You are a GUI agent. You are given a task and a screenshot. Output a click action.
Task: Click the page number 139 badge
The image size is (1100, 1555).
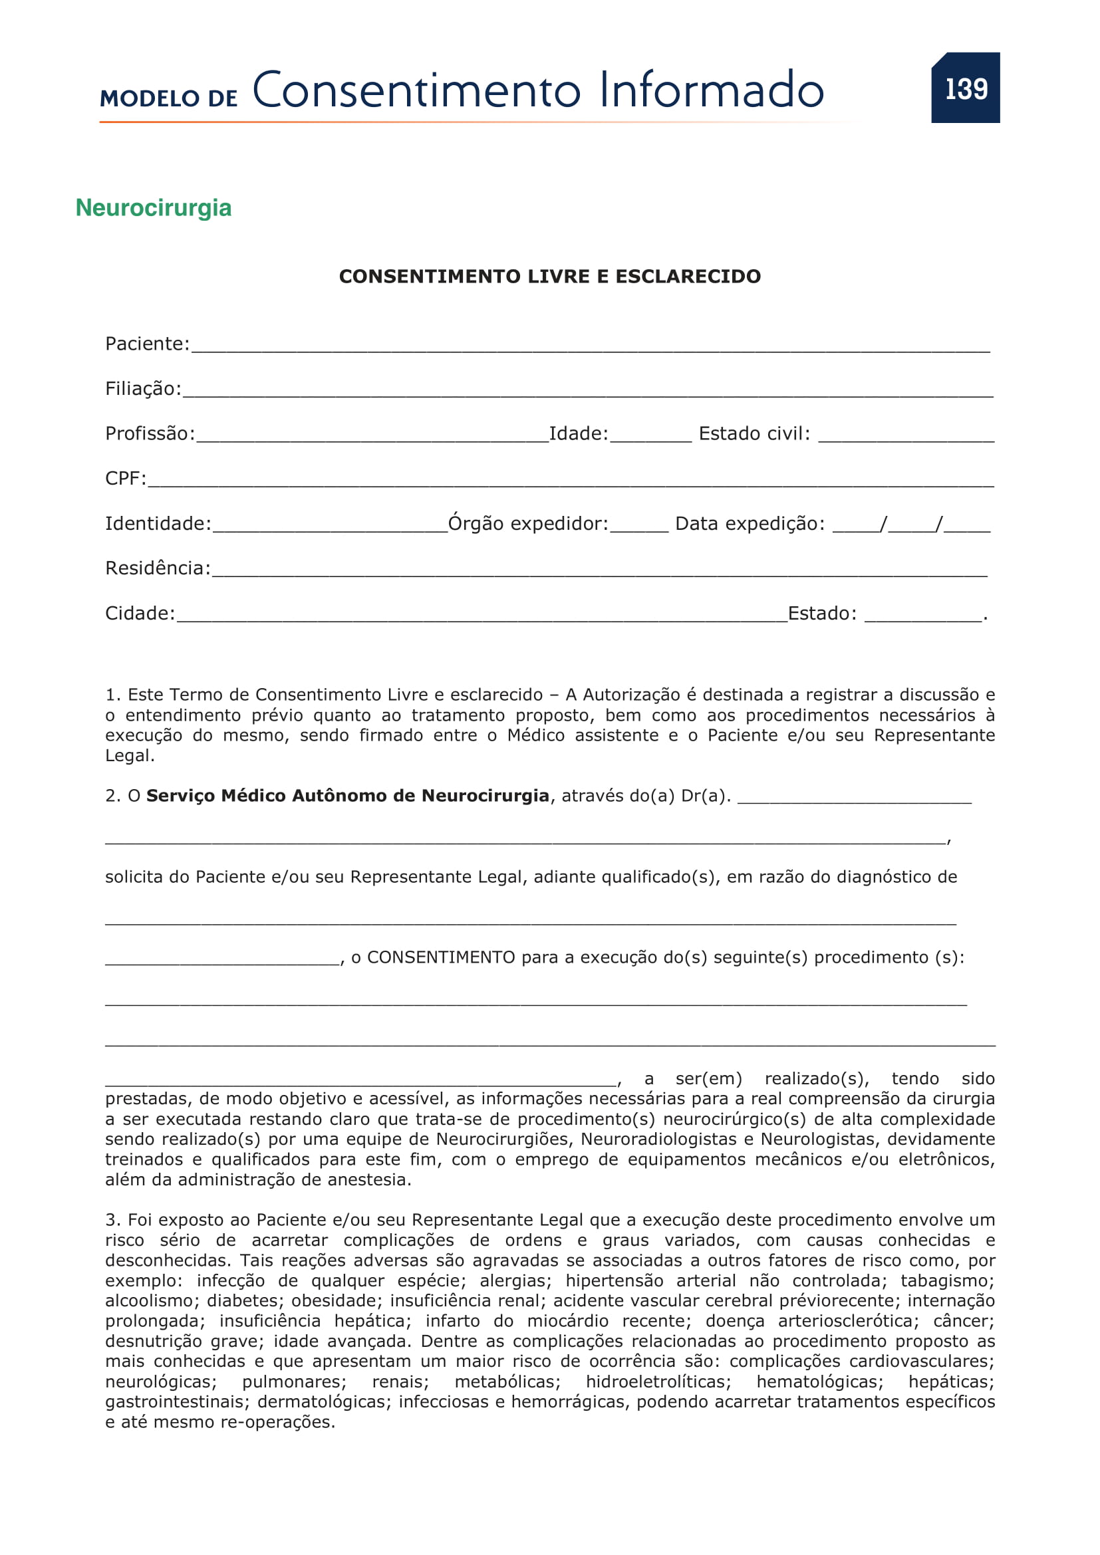(965, 88)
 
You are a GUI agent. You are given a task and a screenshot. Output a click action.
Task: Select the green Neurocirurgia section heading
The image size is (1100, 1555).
(153, 207)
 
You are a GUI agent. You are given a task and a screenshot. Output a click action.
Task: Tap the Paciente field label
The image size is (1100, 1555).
(147, 344)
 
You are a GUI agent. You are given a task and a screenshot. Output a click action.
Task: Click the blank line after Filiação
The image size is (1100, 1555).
(587, 391)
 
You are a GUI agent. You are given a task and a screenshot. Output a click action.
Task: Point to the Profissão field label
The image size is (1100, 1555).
(150, 433)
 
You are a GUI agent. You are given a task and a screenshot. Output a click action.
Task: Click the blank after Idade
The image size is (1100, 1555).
(650, 436)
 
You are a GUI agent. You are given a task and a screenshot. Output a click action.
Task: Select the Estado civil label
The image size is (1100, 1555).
(754, 433)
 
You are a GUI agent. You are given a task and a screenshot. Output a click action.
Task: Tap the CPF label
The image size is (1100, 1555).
(125, 479)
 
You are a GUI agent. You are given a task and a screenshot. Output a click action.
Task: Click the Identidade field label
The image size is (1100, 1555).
(158, 523)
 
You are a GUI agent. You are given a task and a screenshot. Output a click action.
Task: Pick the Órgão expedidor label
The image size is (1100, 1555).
(528, 523)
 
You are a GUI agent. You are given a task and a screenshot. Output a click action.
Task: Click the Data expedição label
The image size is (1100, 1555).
(750, 523)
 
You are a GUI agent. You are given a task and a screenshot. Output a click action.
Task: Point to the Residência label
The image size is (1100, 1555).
(158, 568)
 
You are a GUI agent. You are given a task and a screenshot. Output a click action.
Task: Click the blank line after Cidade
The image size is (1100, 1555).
(481, 616)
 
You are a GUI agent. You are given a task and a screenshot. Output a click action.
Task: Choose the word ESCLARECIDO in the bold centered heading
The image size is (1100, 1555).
(688, 277)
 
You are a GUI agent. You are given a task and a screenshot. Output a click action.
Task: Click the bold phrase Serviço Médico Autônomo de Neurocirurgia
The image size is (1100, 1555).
(347, 796)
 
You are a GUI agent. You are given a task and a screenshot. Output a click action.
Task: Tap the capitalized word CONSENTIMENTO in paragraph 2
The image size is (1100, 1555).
(441, 957)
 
